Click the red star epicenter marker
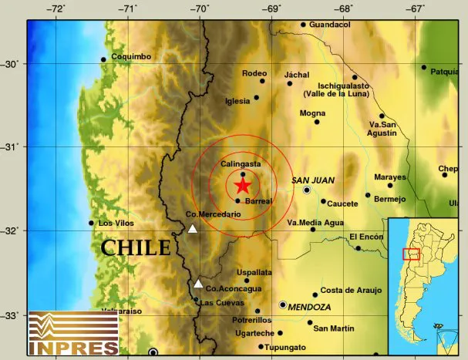242,185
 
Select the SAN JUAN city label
313,180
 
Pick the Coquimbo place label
127,56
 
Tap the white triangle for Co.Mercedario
193,228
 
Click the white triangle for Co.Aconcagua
198,283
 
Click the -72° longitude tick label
56,8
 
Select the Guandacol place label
329,25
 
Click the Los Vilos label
116,223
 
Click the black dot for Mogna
316,122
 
